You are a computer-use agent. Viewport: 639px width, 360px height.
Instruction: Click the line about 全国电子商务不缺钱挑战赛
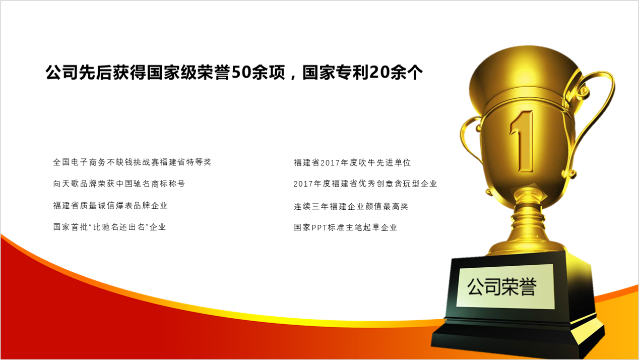coord(132,162)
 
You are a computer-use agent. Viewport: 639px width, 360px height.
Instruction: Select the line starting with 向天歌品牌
coord(119,184)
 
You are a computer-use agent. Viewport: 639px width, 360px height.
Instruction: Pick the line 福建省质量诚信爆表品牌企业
coord(110,206)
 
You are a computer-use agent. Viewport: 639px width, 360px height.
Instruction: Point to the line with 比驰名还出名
coord(109,227)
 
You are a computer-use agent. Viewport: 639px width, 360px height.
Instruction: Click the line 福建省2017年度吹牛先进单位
coord(352,163)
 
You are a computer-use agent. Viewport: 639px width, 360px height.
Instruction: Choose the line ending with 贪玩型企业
coord(365,184)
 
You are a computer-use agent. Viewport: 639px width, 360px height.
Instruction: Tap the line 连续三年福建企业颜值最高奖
coord(351,206)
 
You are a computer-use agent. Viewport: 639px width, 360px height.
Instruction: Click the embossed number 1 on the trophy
coord(522,141)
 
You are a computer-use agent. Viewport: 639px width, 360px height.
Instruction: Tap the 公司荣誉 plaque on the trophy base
coord(505,286)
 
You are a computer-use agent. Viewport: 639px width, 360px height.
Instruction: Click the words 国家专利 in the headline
coord(336,73)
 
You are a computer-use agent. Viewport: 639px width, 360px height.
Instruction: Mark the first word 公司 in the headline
coord(61,73)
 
